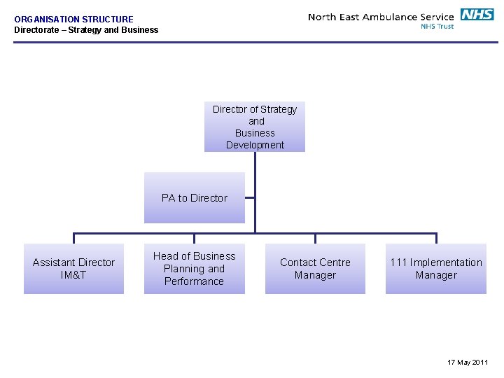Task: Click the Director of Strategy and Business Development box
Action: click(255, 127)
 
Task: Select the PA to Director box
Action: click(195, 198)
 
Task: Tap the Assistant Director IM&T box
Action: click(73, 269)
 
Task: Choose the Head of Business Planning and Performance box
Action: click(195, 269)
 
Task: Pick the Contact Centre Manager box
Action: click(315, 269)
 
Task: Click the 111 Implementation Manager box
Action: click(436, 269)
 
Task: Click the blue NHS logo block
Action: click(477, 15)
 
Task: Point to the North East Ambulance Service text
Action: click(381, 17)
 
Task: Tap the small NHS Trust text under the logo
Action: click(437, 27)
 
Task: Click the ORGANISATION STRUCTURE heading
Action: click(73, 20)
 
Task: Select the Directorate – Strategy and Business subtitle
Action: click(86, 30)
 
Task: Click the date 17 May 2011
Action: click(468, 362)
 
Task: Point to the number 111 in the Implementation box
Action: click(398, 262)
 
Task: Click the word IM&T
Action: click(73, 275)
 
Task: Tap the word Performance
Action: click(194, 281)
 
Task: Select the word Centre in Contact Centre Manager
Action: click(335, 262)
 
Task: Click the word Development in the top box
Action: click(255, 145)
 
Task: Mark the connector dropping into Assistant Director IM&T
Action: click(73, 238)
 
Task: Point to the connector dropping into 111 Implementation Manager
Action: click(436, 238)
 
